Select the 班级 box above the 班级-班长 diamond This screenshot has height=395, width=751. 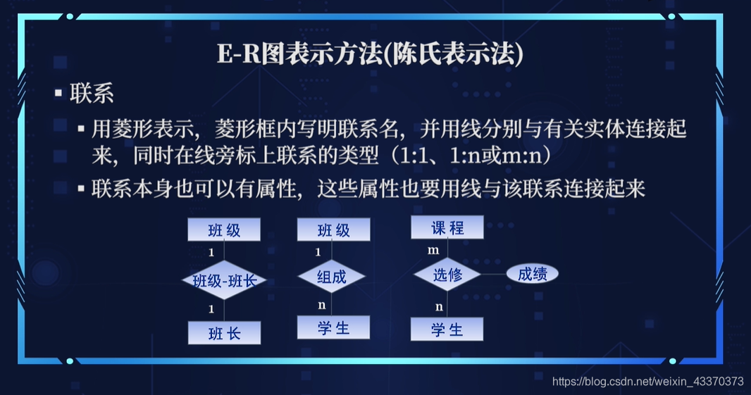[224, 230]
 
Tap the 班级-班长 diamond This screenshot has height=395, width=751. [224, 282]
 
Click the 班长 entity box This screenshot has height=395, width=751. [224, 333]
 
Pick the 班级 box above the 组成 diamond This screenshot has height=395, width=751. [333, 230]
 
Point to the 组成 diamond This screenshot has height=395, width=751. [332, 277]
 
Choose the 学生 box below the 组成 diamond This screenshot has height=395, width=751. [333, 327]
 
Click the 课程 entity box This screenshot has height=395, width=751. [447, 227]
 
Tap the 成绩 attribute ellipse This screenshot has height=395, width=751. [532, 274]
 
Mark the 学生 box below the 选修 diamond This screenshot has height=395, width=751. [447, 330]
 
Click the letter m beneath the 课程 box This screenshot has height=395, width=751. [433, 250]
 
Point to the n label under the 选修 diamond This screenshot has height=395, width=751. [439, 306]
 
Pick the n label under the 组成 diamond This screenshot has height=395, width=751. [321, 305]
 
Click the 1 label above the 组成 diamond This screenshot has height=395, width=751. [318, 252]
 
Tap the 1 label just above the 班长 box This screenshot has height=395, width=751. [211, 308]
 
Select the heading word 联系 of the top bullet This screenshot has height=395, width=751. [92, 94]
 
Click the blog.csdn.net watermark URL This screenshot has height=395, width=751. [647, 381]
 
